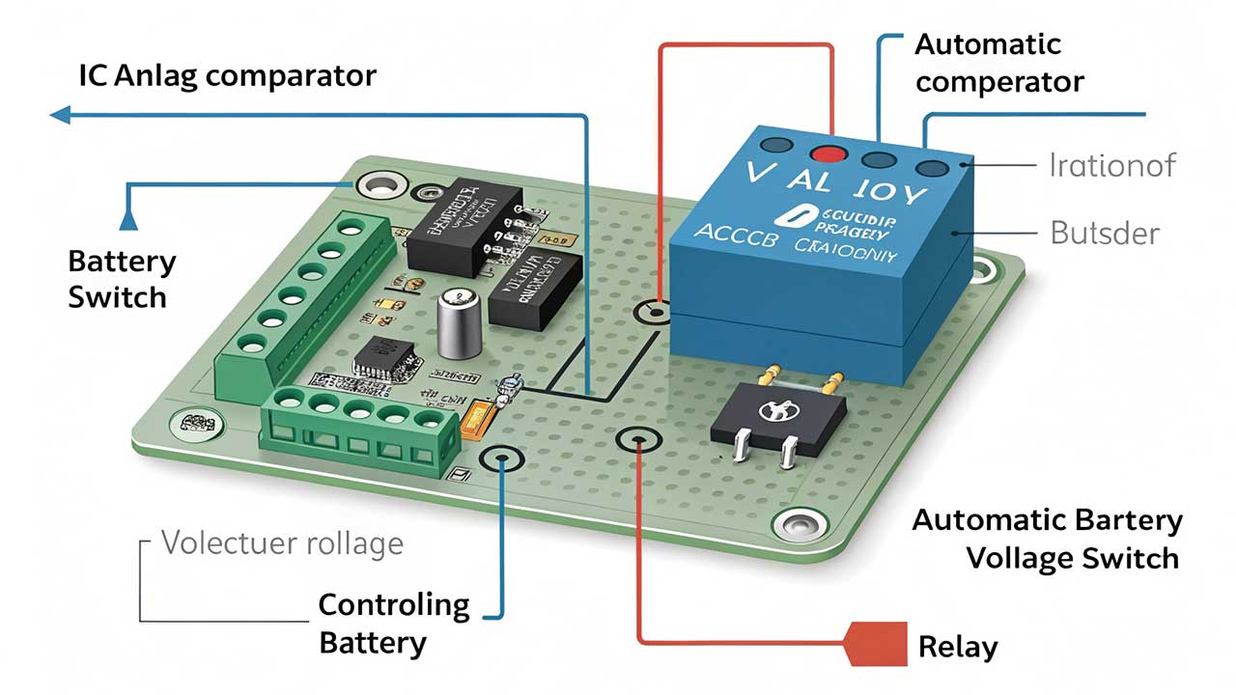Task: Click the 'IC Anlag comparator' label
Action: pyautogui.click(x=227, y=75)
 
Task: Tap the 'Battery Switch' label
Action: pyautogui.click(x=122, y=279)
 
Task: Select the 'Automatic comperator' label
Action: pyautogui.click(x=999, y=64)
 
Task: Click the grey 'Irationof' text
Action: pyautogui.click(x=1111, y=165)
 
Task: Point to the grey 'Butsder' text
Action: pyautogui.click(x=1104, y=233)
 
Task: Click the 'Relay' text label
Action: pyautogui.click(x=957, y=646)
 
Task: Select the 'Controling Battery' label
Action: pyautogui.click(x=394, y=624)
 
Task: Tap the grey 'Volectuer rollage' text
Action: pyautogui.click(x=282, y=542)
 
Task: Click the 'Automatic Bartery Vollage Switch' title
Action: pyautogui.click(x=1047, y=539)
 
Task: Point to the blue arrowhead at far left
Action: pyautogui.click(x=60, y=115)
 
